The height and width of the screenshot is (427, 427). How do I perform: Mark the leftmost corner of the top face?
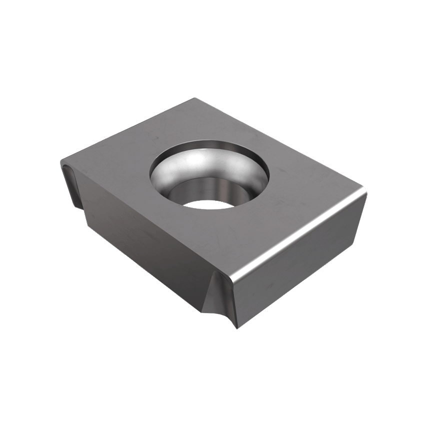point(61,161)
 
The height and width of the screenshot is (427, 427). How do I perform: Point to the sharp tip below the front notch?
point(235,327)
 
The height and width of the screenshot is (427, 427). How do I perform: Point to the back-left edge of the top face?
point(125,130)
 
